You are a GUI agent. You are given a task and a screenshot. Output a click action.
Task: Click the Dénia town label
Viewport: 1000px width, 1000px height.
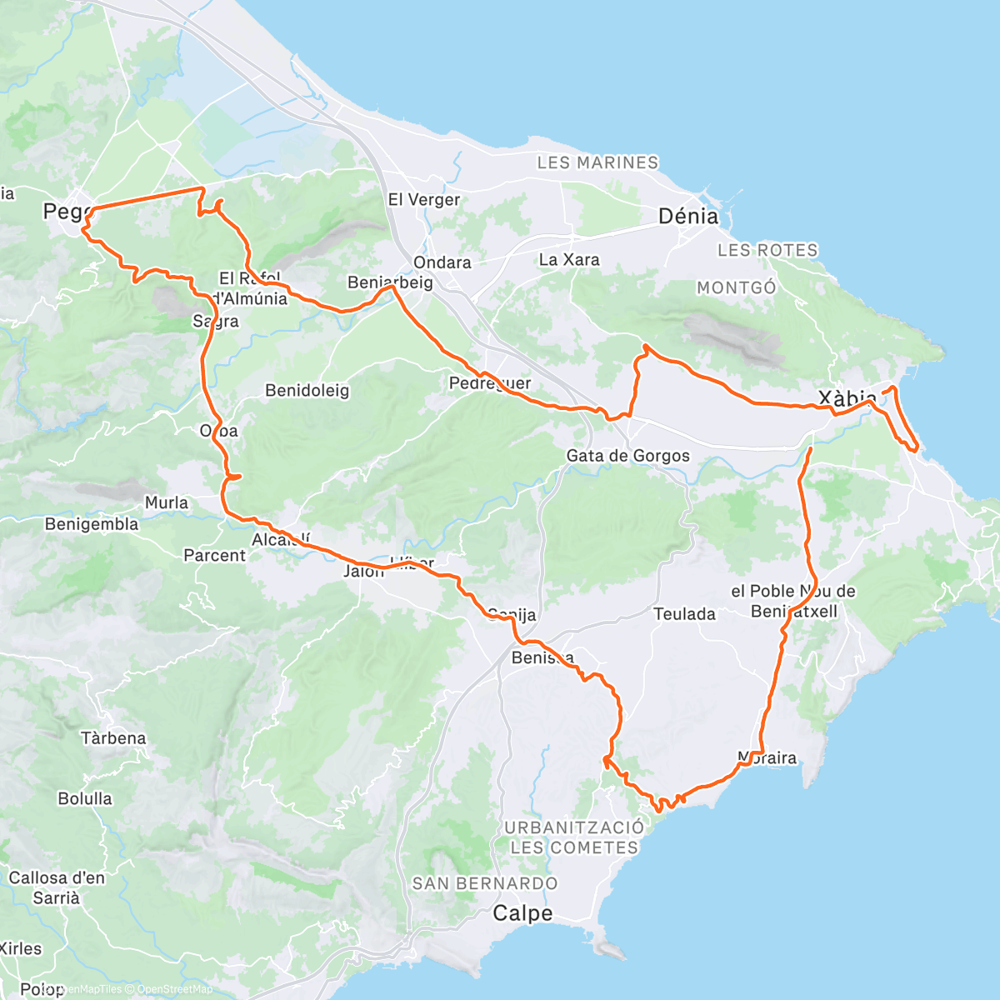(x=687, y=217)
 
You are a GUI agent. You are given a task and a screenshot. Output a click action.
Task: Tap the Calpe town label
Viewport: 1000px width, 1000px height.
(x=522, y=913)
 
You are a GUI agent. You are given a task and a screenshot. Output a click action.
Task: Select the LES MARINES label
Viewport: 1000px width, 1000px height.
(x=597, y=162)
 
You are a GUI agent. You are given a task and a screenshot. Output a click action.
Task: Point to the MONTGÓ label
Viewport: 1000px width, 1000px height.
(x=737, y=287)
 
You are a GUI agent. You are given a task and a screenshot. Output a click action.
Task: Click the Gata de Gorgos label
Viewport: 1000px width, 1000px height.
(x=627, y=456)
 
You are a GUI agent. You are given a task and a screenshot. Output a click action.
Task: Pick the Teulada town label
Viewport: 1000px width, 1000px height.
(x=684, y=614)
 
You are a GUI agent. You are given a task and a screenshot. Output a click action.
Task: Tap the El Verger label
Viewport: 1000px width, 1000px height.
(x=424, y=200)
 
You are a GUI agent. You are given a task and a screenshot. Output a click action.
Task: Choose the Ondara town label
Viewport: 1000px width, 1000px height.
(x=442, y=262)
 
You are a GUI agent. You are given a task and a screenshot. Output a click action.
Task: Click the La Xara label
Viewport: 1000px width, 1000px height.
(x=569, y=260)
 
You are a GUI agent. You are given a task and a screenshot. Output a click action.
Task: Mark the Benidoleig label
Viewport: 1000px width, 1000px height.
(x=307, y=390)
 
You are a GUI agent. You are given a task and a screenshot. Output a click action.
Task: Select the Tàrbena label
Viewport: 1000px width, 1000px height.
(x=113, y=738)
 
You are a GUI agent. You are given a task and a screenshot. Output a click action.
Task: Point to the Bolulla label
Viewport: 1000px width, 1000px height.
(x=85, y=798)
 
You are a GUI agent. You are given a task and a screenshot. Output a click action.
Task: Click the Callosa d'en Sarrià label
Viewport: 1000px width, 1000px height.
(x=57, y=887)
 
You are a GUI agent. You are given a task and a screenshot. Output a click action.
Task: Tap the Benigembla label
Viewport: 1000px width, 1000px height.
(x=92, y=524)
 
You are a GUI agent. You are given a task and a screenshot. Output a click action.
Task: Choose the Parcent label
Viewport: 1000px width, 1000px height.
(x=214, y=555)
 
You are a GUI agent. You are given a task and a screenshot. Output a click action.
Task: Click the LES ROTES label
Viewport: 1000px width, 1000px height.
(x=767, y=250)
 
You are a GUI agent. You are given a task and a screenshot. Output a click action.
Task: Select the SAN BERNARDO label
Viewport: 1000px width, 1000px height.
(x=485, y=883)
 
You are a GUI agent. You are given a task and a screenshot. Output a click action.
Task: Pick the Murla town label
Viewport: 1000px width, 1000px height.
(x=167, y=502)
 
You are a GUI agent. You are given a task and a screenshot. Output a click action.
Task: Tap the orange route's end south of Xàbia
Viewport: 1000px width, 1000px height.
(x=810, y=449)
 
